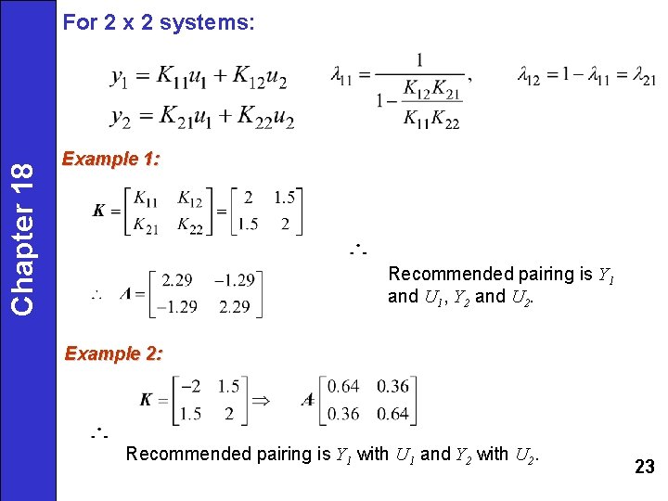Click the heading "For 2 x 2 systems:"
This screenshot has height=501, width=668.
tap(158, 23)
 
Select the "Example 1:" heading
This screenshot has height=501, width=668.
tap(110, 159)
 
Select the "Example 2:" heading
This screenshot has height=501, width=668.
tap(112, 353)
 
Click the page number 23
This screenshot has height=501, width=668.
tap(644, 467)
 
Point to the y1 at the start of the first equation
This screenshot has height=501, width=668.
tap(120, 78)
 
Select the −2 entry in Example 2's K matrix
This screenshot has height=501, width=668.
tap(191, 386)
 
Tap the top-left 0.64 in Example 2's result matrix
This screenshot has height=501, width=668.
tap(343, 386)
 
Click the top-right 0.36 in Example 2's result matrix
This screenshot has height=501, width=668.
tap(393, 386)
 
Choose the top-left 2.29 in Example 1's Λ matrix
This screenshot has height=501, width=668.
tap(177, 279)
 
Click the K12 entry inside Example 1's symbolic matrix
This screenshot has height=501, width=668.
tap(189, 199)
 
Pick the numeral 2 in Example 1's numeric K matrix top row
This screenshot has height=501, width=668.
tap(248, 198)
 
